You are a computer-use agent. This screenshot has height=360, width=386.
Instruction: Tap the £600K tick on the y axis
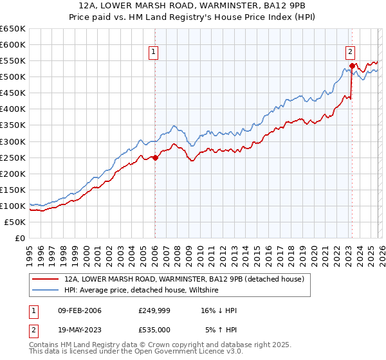13,45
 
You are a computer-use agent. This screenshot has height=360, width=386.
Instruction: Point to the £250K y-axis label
13,157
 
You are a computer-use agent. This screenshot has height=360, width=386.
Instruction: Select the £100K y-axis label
13,206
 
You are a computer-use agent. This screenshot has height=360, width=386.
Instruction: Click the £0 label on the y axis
19,238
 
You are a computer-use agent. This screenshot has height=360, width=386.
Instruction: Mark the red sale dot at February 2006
155,157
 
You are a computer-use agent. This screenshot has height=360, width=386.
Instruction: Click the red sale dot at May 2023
352,66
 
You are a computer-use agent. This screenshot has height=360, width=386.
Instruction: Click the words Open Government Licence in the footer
193,353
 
